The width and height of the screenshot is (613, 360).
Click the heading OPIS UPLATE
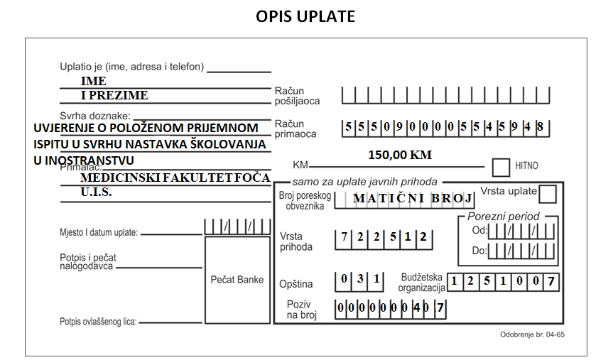(x=305, y=16)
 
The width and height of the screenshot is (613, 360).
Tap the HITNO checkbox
(x=501, y=168)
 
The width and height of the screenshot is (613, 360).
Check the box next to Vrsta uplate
(x=548, y=194)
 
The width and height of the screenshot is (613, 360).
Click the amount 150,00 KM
(x=400, y=155)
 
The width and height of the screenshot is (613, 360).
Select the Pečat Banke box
(x=238, y=280)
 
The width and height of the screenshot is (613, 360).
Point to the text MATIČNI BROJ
(x=413, y=198)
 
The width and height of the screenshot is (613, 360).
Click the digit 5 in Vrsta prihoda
(x=393, y=236)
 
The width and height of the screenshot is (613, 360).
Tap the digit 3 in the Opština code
(x=360, y=278)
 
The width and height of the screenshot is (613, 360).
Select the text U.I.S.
(x=96, y=192)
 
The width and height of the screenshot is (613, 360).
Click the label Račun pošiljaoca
(x=297, y=96)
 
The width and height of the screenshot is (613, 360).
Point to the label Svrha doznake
(x=95, y=116)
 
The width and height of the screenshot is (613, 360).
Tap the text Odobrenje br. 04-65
(x=532, y=334)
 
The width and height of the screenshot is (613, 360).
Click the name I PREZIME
(x=114, y=95)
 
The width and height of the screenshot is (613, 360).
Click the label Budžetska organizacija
(x=421, y=283)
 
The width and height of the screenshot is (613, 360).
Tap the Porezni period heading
(x=503, y=217)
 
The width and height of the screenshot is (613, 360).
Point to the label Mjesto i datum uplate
(x=99, y=233)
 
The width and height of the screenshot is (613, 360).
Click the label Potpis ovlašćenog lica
(x=98, y=322)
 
